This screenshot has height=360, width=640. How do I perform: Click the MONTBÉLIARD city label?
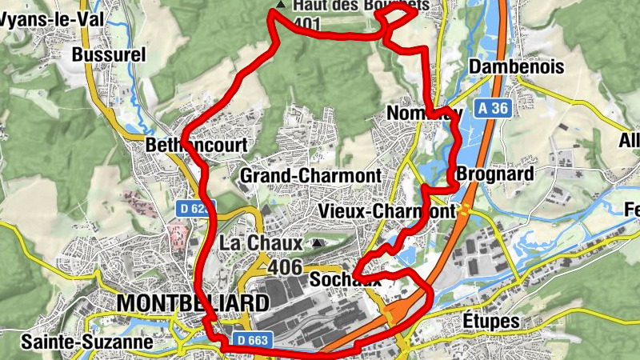coord(193,303)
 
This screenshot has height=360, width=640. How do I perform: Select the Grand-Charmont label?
coord(310,174)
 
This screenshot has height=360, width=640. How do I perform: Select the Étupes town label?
coord(491,322)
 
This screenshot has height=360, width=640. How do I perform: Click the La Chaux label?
coord(261,242)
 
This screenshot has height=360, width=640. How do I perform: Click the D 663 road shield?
coord(251,340)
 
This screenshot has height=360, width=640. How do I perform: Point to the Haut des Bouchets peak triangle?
coord(279,5)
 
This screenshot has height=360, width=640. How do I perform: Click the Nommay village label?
coord(424,114)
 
